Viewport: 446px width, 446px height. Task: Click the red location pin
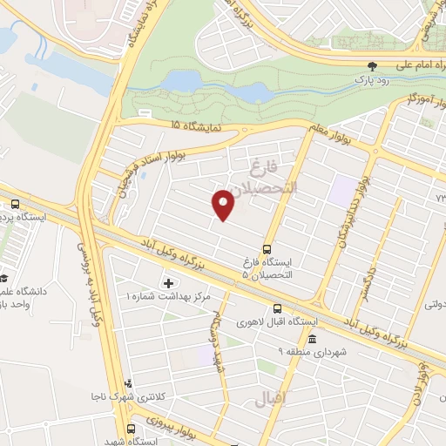click(224, 205)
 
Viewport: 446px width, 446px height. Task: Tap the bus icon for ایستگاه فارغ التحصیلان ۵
click(267, 247)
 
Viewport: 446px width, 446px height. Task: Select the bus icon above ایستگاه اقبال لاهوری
click(277, 308)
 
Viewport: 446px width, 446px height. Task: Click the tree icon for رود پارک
click(372, 65)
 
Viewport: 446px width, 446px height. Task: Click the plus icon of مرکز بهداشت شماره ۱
click(168, 283)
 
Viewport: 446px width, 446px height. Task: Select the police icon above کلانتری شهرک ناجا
click(129, 382)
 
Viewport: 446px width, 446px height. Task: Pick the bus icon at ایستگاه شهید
click(131, 429)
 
